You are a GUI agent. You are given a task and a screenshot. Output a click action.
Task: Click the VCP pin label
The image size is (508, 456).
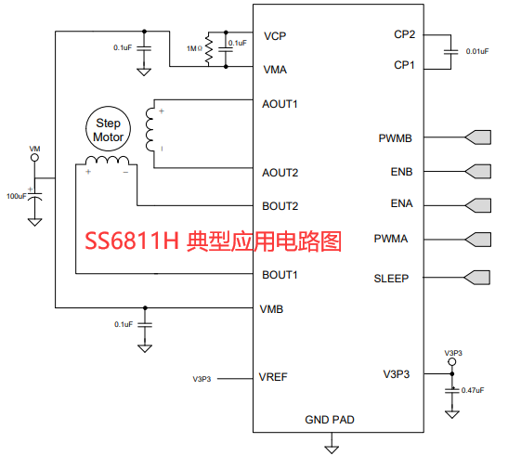pos(274,36)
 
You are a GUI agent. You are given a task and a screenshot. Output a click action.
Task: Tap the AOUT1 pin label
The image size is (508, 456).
pos(280,103)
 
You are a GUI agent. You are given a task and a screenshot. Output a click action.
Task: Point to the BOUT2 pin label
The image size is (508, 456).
pos(280,206)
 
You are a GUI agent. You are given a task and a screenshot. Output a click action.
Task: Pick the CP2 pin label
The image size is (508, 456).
pos(405,36)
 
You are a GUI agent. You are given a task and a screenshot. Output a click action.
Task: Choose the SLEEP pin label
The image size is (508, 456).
pos(391,278)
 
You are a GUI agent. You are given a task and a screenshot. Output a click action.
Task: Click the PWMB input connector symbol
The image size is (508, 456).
pos(479,137)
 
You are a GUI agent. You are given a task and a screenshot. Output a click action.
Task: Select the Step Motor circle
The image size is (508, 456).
pos(109,129)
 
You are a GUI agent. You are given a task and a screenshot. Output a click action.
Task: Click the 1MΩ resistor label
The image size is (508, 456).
pos(195,47)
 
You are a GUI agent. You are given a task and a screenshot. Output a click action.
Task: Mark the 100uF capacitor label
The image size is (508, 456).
pos(17,197)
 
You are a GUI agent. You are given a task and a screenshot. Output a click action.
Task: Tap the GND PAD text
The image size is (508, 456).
pos(330,420)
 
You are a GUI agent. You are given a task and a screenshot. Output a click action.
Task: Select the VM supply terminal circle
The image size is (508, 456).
pos(34,159)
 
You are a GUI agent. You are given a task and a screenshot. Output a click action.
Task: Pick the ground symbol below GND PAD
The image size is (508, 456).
pos(331,448)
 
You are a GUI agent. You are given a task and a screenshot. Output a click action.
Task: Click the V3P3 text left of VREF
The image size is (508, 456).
pos(202,379)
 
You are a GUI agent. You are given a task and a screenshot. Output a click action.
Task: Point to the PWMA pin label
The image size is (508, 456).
pos(391,239)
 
